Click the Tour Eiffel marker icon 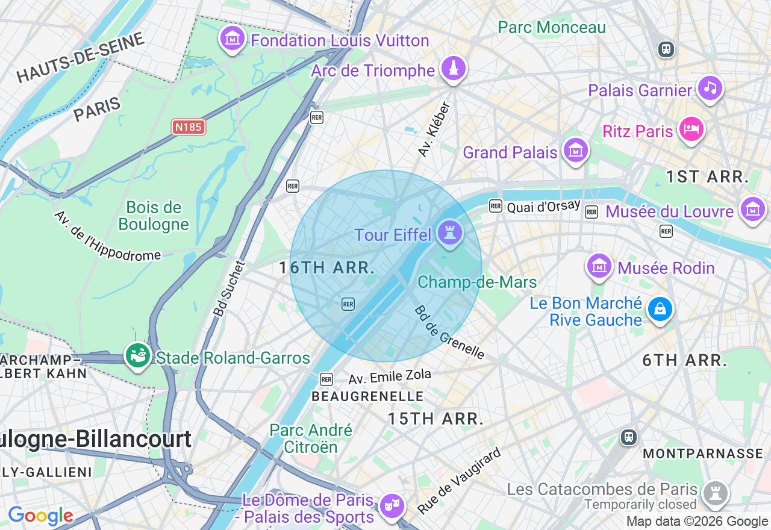(449, 232)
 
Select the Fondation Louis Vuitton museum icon (233, 38)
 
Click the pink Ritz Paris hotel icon (691, 128)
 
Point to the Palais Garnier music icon (710, 88)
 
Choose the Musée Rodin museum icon (599, 266)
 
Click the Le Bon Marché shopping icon (660, 310)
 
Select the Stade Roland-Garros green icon (137, 355)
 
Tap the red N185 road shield (189, 127)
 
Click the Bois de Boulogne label (154, 216)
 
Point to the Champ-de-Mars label (477, 282)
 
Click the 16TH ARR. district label (327, 268)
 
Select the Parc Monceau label (552, 28)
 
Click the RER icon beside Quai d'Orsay (496, 206)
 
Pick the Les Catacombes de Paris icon (716, 493)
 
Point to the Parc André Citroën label (311, 438)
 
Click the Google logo (40, 516)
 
